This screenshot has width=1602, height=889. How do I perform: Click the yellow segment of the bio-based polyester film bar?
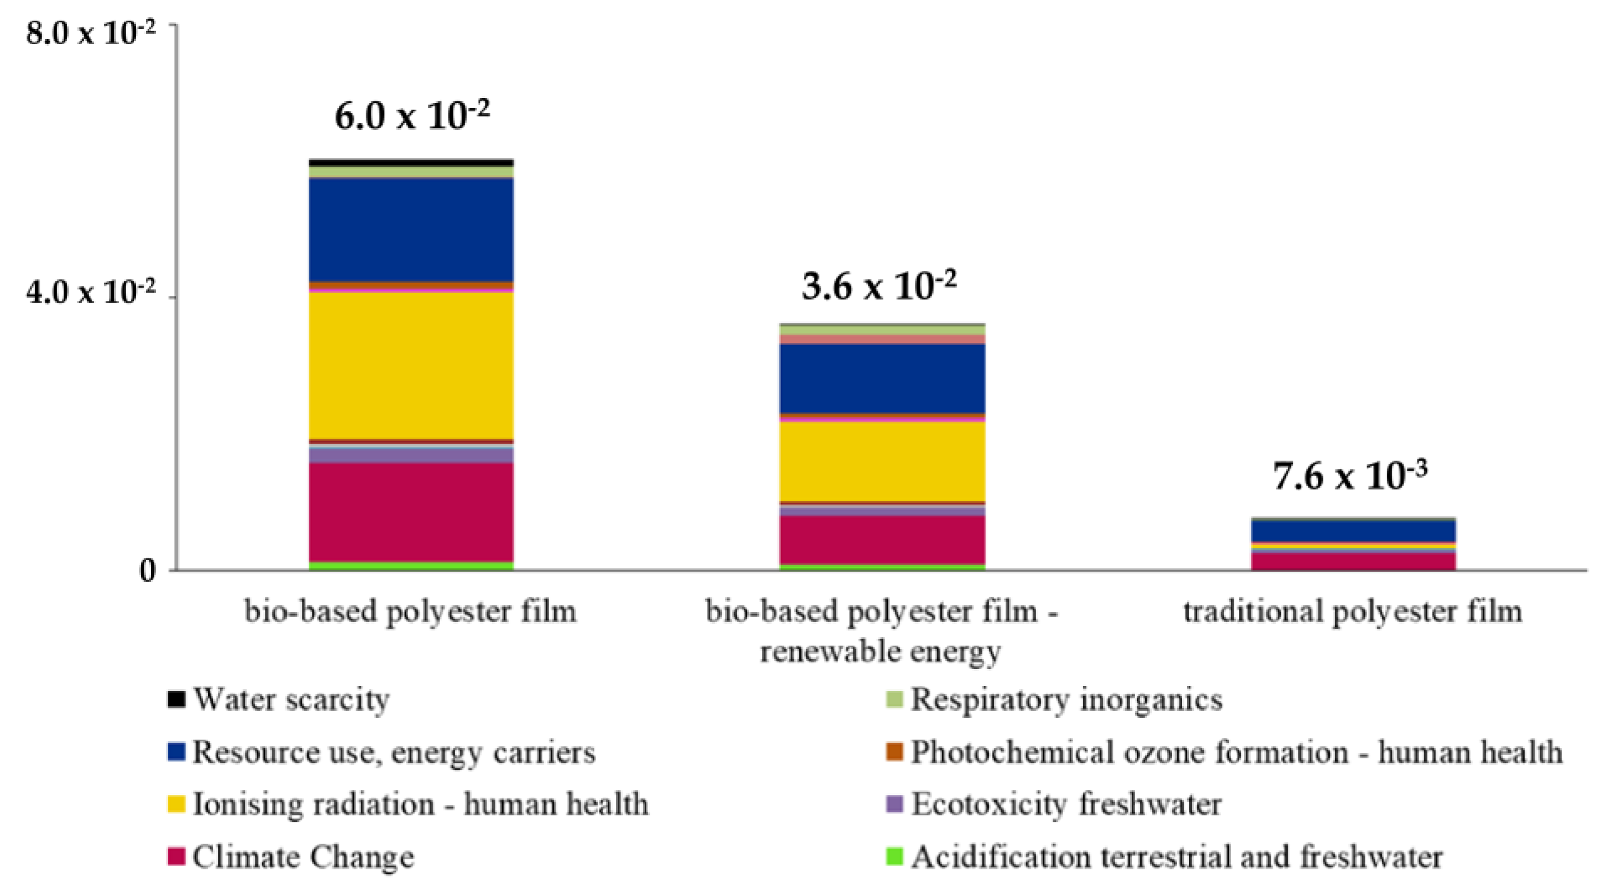pos(411,365)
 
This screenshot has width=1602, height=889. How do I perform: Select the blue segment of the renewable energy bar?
pos(882,378)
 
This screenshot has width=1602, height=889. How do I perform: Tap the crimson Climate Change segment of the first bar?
pos(411,511)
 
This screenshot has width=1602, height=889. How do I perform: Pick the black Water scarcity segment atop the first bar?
pos(411,162)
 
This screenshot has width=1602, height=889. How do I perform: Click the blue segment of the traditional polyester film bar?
pos(1353,531)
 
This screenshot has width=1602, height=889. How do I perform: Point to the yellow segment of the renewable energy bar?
pos(882,461)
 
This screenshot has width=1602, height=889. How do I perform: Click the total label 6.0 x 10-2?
pos(412,116)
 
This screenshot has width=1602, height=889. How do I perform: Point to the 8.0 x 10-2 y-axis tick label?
pos(90,33)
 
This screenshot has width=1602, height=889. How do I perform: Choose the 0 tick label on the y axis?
pos(148,571)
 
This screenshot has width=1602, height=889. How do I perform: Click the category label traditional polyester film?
pos(1353,612)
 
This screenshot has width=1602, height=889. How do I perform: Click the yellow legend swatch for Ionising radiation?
pos(177,805)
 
